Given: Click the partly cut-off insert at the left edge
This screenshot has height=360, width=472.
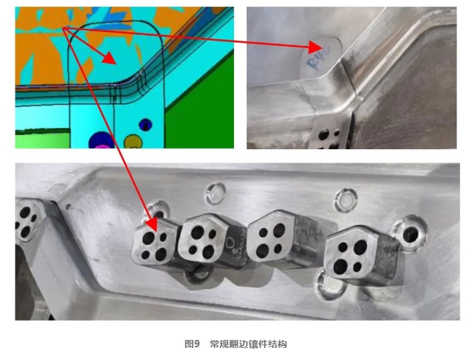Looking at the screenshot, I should [27, 221].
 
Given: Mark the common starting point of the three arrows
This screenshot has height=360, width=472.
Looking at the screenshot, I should [64, 28].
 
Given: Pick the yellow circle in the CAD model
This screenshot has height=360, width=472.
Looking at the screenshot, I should [134, 141].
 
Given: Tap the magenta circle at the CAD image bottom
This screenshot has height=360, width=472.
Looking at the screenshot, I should [102, 141].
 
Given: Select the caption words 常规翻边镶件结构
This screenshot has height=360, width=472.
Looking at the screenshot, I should [248, 344].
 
